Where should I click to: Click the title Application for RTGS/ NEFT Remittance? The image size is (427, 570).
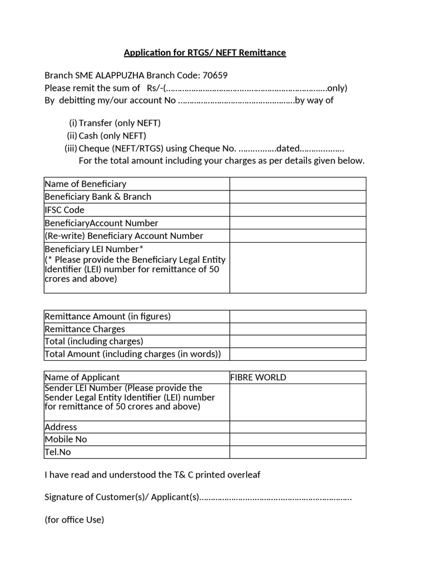click(x=205, y=53)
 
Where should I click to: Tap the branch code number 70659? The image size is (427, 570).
click(x=215, y=76)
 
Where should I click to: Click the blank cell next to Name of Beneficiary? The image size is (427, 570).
click(x=297, y=184)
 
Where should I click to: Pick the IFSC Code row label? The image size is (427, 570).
click(x=64, y=210)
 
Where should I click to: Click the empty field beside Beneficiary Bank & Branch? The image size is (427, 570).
click(x=297, y=196)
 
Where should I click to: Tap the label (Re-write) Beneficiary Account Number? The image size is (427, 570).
click(x=123, y=236)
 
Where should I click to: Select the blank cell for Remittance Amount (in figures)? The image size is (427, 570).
click(x=297, y=316)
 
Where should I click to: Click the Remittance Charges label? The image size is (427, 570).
click(x=85, y=329)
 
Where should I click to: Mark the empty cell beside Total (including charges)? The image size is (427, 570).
click(x=297, y=341)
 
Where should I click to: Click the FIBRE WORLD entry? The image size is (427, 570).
click(x=259, y=377)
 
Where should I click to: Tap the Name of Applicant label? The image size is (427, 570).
click(x=82, y=377)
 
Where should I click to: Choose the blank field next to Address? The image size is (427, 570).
click(x=297, y=427)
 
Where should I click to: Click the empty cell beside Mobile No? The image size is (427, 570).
click(x=297, y=439)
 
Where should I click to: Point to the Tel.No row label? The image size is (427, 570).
click(x=58, y=452)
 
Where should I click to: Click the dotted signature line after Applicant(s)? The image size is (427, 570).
click(x=275, y=498)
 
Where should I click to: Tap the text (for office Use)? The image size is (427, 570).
click(x=74, y=520)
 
